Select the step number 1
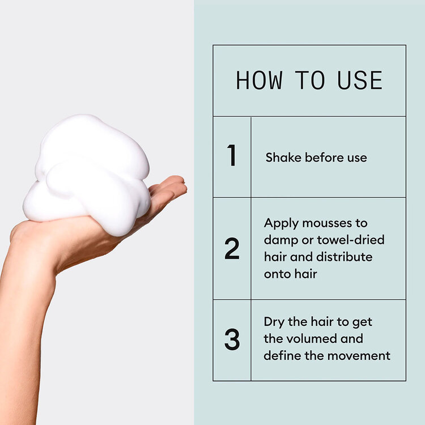pos(231,156)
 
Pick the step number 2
pos(232,249)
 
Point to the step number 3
pos(232,339)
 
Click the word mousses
pos(334,223)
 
